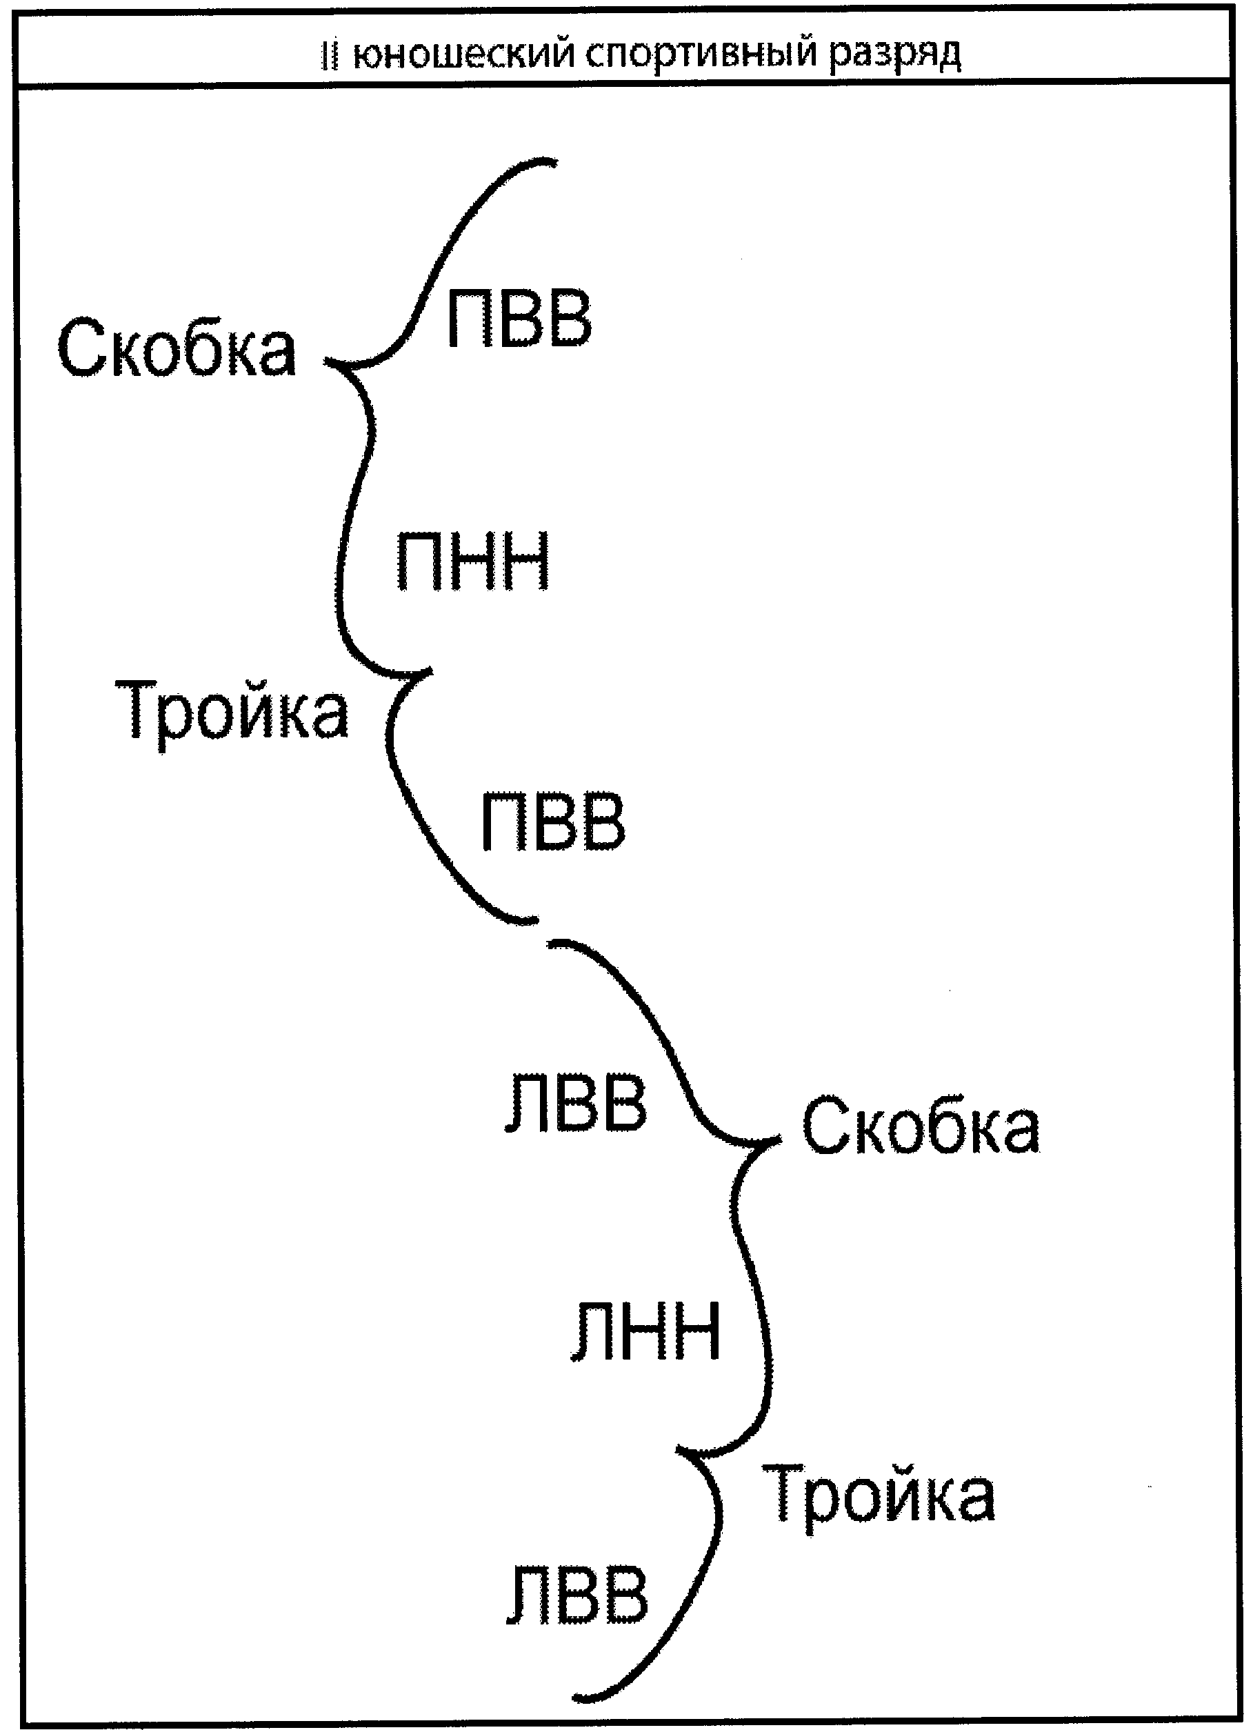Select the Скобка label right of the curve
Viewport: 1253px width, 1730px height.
(x=921, y=1126)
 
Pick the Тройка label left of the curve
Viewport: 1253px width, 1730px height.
(x=232, y=711)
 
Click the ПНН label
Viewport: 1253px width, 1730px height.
(x=473, y=562)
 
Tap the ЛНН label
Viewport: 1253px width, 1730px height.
(x=645, y=1332)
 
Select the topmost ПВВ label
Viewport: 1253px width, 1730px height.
(x=519, y=319)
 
